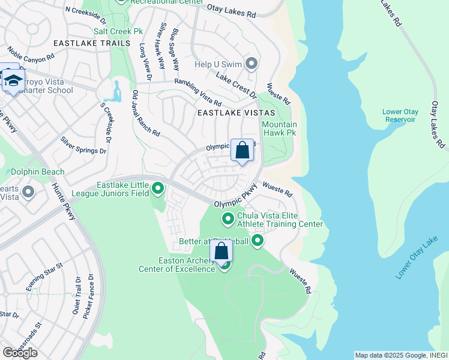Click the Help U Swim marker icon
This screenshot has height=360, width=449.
pyautogui.click(x=251, y=64)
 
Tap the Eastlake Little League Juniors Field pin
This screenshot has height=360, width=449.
pyautogui.click(x=158, y=189)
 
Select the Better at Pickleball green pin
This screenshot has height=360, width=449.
pyautogui.click(x=258, y=241)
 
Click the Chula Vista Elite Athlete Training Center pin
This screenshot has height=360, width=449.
pyautogui.click(x=228, y=219)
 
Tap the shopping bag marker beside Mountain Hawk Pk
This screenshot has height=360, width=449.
pyautogui.click(x=242, y=150)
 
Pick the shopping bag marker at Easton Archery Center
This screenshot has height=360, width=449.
pyautogui.click(x=221, y=251)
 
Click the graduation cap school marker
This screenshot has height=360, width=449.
pyautogui.click(x=13, y=80)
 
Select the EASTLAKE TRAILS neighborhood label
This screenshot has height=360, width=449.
pyautogui.click(x=91, y=43)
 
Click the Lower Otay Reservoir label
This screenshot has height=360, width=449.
pyautogui.click(x=399, y=115)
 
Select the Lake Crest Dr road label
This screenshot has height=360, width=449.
pyautogui.click(x=236, y=87)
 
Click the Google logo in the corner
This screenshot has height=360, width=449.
pyautogui.click(x=20, y=352)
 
